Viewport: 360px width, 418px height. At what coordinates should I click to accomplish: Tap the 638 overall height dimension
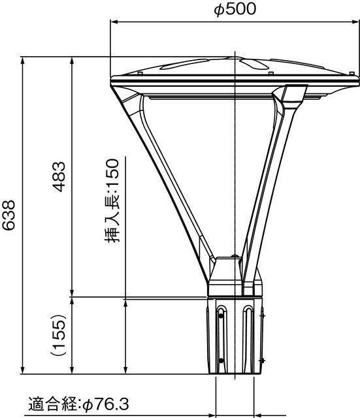pos(9,216)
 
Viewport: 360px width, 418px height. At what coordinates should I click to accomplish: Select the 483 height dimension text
pos(59,176)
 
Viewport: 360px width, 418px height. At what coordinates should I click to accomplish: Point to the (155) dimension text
pos(59,336)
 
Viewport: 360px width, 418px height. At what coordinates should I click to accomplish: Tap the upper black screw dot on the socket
pos(221,316)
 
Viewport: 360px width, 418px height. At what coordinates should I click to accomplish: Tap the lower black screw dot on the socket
pos(221,360)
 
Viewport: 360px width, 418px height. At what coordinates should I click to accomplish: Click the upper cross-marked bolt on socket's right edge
pos(262,315)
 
